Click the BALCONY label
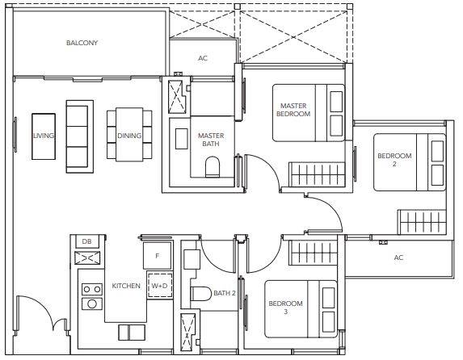[82, 43]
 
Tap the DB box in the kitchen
[86, 241]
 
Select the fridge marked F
[158, 256]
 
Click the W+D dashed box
[159, 286]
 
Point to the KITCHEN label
[126, 286]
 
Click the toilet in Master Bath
[213, 167]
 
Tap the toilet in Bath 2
[200, 294]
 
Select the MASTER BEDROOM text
[293, 110]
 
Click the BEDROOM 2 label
[394, 160]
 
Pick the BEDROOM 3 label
[285, 308]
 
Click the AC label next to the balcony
[203, 58]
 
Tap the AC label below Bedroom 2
[398, 257]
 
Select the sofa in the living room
[80, 136]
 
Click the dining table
[129, 135]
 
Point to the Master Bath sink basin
[181, 139]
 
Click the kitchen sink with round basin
[92, 303]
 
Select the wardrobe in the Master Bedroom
[317, 174]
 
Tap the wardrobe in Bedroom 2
[421, 222]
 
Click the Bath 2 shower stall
[187, 333]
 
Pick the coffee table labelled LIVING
[44, 136]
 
